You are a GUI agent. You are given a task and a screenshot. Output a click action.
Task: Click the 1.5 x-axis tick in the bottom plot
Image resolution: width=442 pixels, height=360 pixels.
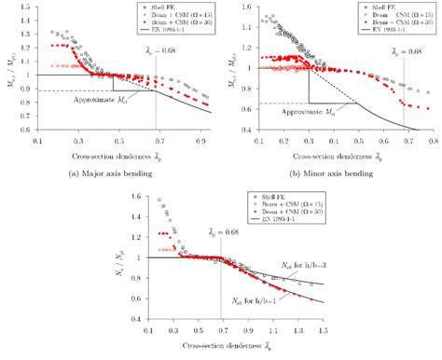pos(324,332)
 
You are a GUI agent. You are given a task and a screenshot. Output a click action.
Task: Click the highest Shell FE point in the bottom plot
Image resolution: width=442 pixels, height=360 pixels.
pos(160,201)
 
